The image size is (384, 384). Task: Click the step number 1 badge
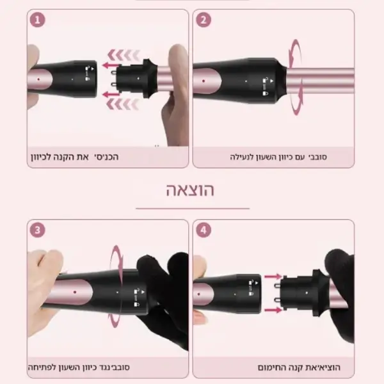38,20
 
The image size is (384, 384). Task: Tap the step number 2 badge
204,20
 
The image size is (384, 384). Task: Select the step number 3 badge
38,230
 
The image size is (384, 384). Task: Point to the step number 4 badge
204,230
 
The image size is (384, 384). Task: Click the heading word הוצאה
190,190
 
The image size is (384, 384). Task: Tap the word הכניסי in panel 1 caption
107,157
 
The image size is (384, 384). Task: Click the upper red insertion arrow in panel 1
111,65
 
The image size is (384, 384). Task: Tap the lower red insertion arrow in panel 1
111,95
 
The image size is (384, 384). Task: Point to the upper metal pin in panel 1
115,72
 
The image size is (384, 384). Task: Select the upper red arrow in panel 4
273,276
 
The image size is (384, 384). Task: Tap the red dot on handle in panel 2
204,81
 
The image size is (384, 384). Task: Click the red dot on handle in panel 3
75,292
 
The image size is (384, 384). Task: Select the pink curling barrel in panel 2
321,81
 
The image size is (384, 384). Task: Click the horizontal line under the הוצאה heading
193,209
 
